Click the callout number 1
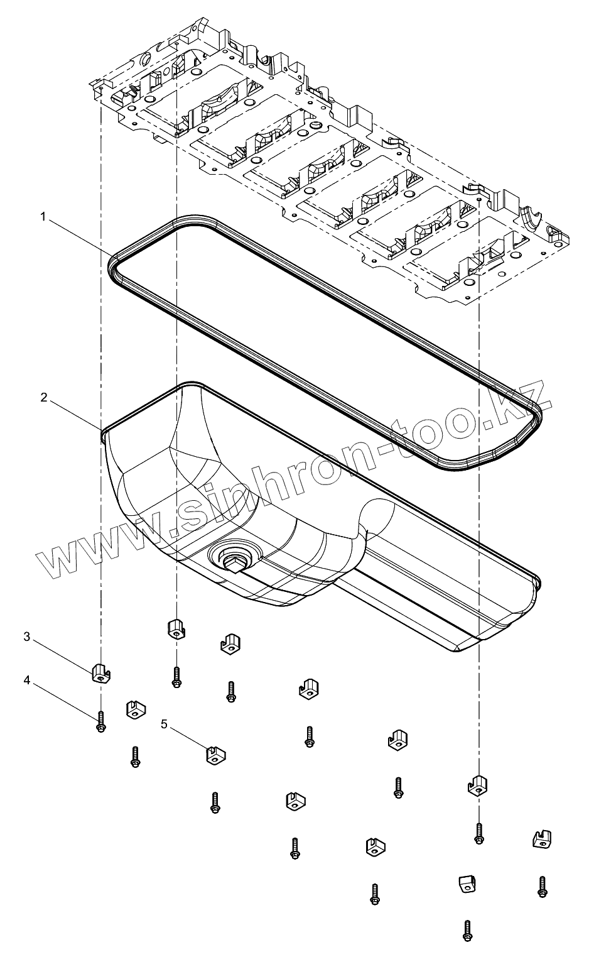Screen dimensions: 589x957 [43, 216]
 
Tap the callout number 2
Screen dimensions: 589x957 [43, 397]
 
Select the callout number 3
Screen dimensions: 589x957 [27, 637]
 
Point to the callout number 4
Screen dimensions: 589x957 [27, 679]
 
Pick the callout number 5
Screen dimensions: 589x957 [164, 724]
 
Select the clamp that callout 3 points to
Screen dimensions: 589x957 [100, 672]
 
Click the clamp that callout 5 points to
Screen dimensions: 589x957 [215, 754]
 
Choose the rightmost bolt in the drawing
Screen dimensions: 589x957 [542, 886]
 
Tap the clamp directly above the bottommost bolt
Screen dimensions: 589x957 [465, 884]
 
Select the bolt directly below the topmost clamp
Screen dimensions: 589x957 [177, 676]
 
